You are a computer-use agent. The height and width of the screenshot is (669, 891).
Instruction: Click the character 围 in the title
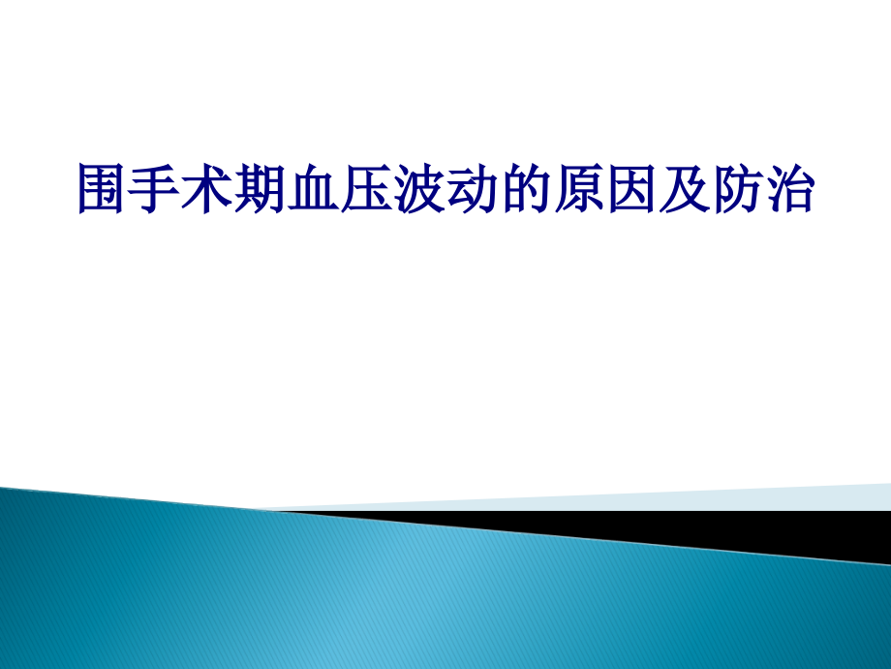click(x=103, y=188)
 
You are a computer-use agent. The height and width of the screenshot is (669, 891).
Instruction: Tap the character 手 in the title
click(x=155, y=188)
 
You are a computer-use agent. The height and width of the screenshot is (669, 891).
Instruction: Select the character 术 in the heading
click(x=208, y=188)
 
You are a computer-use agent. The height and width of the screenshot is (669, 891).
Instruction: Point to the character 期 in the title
click(x=261, y=188)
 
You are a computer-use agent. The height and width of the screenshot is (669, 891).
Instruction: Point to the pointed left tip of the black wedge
click(x=281, y=510)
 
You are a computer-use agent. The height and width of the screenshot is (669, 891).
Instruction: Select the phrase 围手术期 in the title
click(x=182, y=188)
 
